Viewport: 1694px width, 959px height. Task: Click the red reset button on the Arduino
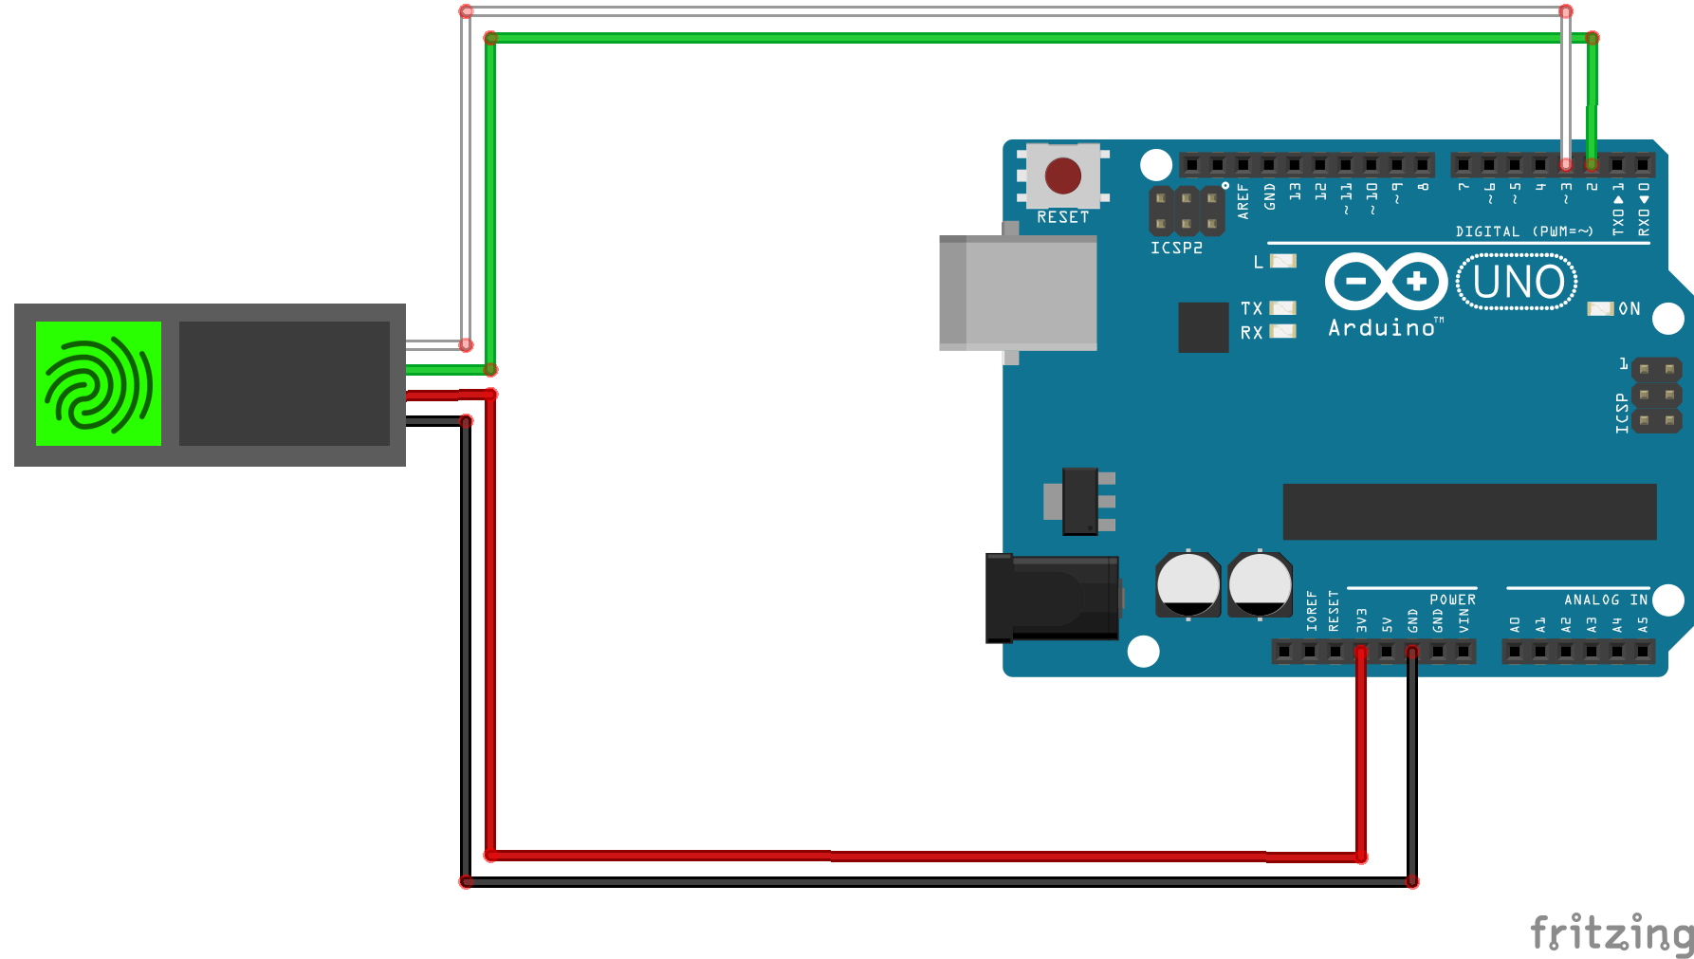(1062, 175)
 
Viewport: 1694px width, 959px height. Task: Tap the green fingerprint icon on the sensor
(99, 383)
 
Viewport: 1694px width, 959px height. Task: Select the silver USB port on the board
(1018, 293)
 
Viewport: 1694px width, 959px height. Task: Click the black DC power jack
(1052, 599)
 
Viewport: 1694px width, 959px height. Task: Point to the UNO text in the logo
(1518, 282)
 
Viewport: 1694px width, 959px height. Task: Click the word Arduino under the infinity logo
(1382, 328)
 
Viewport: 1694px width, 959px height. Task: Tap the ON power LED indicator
(1600, 308)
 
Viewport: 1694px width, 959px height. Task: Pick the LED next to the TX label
(1282, 307)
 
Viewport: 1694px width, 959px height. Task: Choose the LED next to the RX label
(1282, 331)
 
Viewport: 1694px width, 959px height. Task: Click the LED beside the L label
(1282, 261)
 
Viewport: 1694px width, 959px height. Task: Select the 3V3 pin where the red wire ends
(1361, 652)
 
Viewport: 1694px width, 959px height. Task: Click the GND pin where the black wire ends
(1412, 652)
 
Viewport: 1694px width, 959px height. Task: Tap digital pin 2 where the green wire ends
(1592, 164)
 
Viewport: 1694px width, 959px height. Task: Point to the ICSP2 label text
(1176, 248)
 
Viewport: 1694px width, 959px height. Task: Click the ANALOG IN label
(1605, 599)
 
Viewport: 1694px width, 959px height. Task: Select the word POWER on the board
(1452, 599)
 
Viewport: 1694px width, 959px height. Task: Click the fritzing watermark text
(1611, 933)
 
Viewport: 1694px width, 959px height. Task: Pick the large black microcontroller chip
(1469, 511)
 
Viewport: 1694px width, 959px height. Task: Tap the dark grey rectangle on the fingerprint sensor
(284, 383)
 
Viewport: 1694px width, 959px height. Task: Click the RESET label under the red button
(1062, 217)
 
